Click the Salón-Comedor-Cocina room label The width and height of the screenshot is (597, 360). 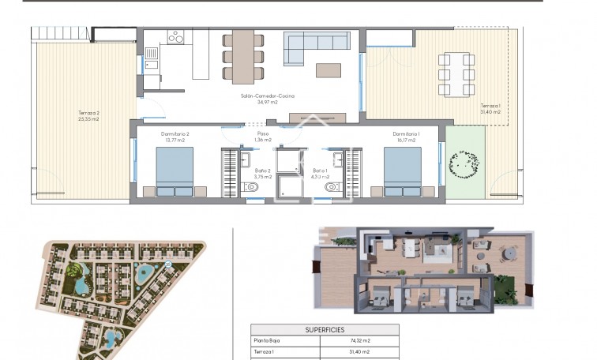point(268,96)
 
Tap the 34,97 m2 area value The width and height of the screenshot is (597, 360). point(268,102)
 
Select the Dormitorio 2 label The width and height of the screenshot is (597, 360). point(175,133)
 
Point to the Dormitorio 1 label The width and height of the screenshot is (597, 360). point(406,133)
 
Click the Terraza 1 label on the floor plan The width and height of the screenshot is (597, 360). point(490,105)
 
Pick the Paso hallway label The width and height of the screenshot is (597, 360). point(262,133)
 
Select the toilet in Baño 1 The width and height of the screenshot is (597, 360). point(331,187)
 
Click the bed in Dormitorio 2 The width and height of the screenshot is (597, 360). point(175,171)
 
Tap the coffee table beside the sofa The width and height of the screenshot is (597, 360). point(329,70)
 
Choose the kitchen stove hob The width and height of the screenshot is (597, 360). point(176,37)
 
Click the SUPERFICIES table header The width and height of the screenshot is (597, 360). point(324,330)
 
